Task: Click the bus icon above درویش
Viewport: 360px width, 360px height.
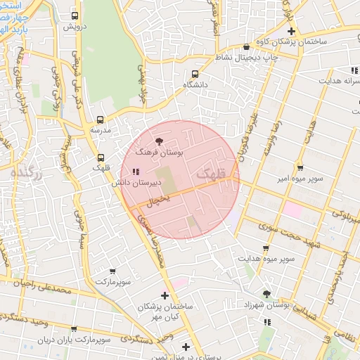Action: click(75, 15)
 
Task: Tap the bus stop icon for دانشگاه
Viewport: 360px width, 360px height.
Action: click(195, 74)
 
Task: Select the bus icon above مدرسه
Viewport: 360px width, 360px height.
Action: click(100, 120)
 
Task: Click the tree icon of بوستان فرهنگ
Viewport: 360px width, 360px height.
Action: click(158, 141)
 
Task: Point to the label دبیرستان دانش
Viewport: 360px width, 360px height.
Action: click(138, 182)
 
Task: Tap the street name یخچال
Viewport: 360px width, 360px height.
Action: click(160, 200)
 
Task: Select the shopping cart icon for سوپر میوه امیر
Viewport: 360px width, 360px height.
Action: click(300, 168)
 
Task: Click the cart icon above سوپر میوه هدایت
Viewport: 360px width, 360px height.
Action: click(266, 248)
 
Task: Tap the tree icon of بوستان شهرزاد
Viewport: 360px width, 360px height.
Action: click(266, 295)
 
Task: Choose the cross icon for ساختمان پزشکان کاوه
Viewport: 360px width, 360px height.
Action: click(291, 32)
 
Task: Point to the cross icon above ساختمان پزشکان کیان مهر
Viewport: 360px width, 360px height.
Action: click(165, 296)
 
